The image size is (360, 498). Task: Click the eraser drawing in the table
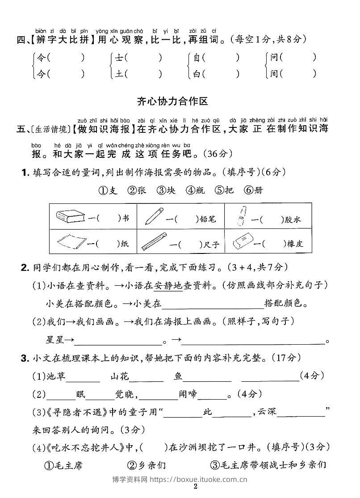pyautogui.click(x=244, y=241)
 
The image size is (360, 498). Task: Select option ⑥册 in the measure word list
pyautogui.click(x=254, y=190)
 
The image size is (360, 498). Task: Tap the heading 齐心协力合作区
pyautogui.click(x=172, y=101)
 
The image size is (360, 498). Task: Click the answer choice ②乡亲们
pyautogui.click(x=146, y=465)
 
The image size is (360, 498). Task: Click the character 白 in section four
pyautogui.click(x=197, y=73)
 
